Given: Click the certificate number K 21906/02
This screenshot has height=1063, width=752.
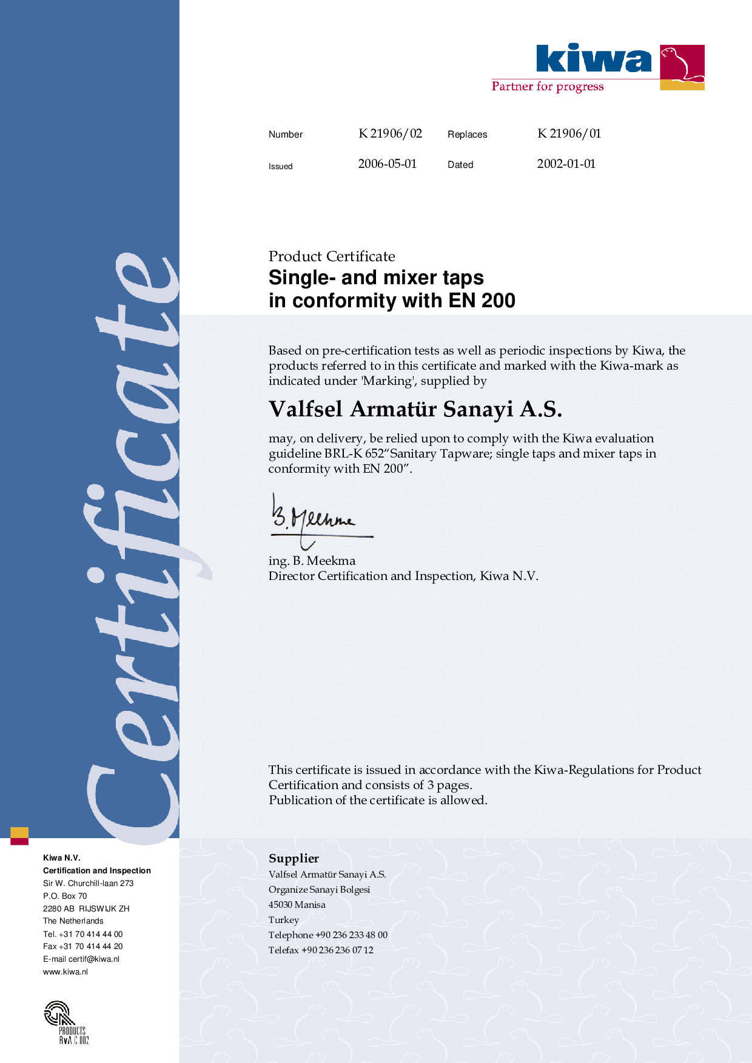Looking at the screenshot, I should click(390, 133).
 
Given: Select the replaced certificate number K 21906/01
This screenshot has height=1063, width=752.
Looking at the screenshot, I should click(569, 133).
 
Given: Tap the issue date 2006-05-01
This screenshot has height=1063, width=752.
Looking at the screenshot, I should click(387, 164).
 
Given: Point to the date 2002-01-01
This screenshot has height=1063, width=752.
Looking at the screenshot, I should click(566, 164).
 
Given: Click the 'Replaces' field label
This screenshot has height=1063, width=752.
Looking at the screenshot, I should click(467, 135).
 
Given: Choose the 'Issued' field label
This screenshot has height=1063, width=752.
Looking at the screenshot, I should click(280, 166).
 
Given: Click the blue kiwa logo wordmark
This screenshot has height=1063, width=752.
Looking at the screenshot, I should click(594, 59).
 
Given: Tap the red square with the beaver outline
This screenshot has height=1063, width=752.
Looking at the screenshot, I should click(682, 63).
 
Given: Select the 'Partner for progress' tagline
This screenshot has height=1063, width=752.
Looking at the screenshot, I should click(548, 86).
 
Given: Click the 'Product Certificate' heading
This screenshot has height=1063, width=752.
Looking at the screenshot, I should click(332, 256).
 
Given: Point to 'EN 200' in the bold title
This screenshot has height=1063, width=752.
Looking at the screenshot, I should click(482, 301).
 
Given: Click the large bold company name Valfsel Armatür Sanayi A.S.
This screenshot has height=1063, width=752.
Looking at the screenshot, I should click(415, 410).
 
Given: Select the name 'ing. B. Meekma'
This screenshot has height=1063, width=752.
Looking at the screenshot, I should click(312, 561).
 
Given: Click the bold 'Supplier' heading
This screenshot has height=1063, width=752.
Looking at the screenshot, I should click(294, 858).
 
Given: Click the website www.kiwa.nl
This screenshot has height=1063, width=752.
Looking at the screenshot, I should click(65, 971).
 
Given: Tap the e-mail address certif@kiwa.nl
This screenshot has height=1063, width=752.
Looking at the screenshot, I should click(93, 959).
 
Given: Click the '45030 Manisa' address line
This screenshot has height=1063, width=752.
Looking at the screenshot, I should click(297, 905).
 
